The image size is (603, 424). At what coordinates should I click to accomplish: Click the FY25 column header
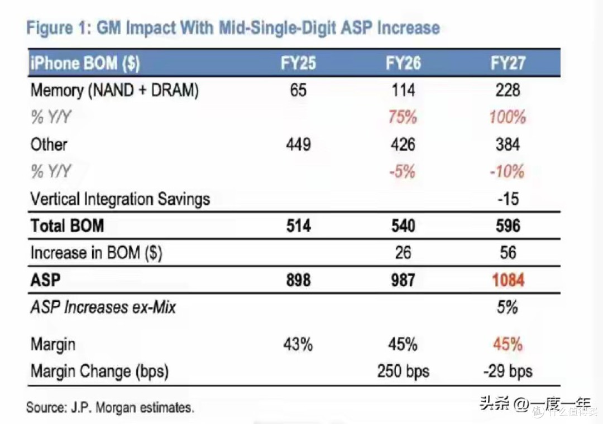[x=298, y=63]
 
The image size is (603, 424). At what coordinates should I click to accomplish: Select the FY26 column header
[x=403, y=63]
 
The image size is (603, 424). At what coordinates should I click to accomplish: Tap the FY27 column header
[x=508, y=63]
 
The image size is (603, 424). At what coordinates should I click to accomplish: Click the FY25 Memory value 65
[x=298, y=90]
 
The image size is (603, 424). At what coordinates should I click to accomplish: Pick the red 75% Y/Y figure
[x=403, y=117]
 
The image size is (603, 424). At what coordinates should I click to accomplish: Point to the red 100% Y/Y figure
[x=508, y=117]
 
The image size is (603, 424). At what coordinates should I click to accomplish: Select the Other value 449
[x=298, y=144]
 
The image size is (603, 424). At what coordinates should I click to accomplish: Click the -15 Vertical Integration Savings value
[x=508, y=199]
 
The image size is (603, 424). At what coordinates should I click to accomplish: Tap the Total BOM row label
[x=68, y=225]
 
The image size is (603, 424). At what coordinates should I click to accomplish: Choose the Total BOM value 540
[x=403, y=225]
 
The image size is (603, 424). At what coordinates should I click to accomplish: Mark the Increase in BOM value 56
[x=508, y=253]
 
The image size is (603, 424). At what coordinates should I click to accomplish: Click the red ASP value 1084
[x=508, y=280]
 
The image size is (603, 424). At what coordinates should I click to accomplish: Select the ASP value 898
[x=298, y=280]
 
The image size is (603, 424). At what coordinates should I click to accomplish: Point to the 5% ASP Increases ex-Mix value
[x=507, y=307]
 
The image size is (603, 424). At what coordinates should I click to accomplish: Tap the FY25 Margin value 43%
[x=298, y=344]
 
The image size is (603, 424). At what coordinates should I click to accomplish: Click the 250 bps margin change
[x=403, y=372]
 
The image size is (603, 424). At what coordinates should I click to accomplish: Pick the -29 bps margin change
[x=508, y=372]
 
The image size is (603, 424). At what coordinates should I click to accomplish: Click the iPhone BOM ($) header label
[x=85, y=63]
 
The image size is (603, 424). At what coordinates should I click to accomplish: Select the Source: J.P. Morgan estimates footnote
[x=110, y=407]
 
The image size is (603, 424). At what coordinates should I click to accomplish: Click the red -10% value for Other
[x=507, y=171]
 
